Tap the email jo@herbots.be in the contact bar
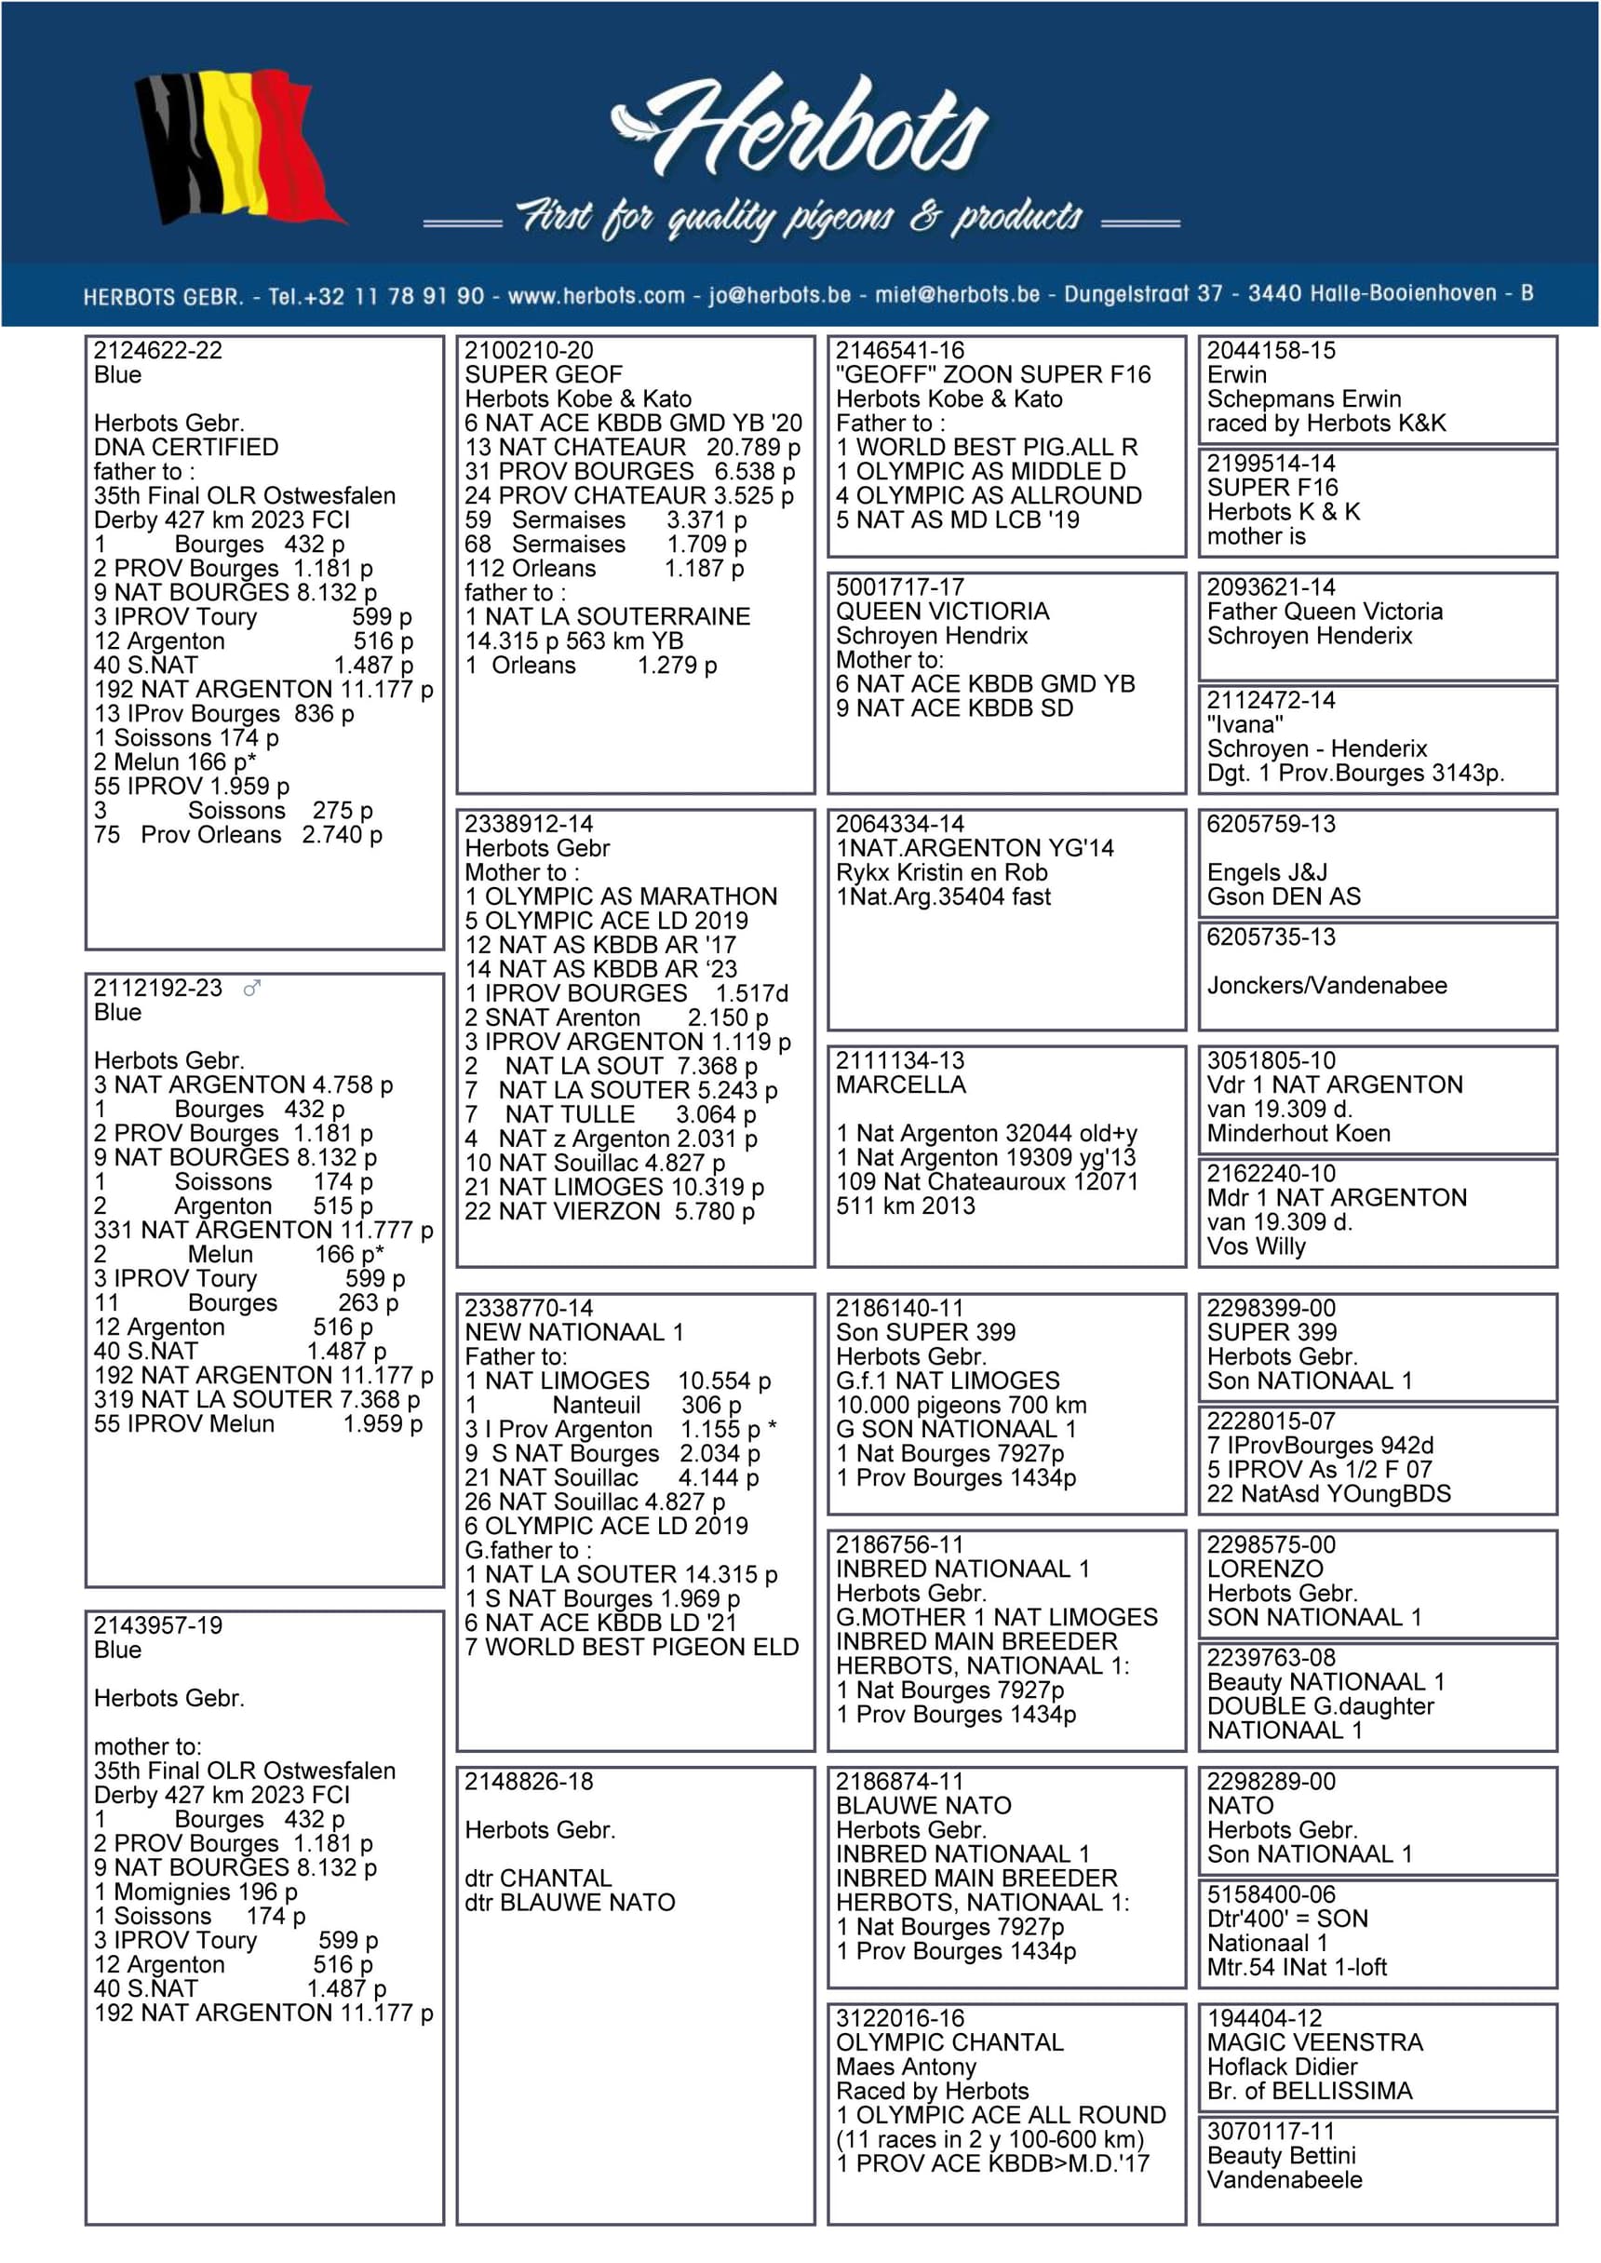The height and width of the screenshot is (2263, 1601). pyautogui.click(x=779, y=295)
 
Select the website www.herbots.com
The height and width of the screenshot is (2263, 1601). pyautogui.click(x=596, y=295)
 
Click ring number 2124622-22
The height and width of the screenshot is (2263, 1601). pyautogui.click(x=157, y=351)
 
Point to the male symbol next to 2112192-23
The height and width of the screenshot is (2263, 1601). pyautogui.click(x=252, y=988)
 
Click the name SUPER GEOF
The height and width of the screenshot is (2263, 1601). pyautogui.click(x=544, y=374)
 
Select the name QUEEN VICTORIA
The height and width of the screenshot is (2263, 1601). pyautogui.click(x=943, y=611)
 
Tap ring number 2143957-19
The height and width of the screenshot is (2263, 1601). pyautogui.click(x=157, y=1625)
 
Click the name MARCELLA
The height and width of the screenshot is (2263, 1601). pyautogui.click(x=901, y=1085)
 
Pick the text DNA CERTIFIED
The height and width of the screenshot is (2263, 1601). pyautogui.click(x=186, y=448)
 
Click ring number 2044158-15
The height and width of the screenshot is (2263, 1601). pyautogui.click(x=1271, y=351)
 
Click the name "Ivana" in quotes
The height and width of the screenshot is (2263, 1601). pyautogui.click(x=1244, y=724)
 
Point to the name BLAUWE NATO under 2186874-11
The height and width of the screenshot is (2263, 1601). pyautogui.click(x=923, y=1806)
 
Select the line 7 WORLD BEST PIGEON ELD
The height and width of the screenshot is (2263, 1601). pyautogui.click(x=632, y=1647)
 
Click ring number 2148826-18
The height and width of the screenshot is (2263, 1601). pyautogui.click(x=530, y=1782)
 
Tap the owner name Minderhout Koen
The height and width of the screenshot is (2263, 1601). pyautogui.click(x=1298, y=1134)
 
